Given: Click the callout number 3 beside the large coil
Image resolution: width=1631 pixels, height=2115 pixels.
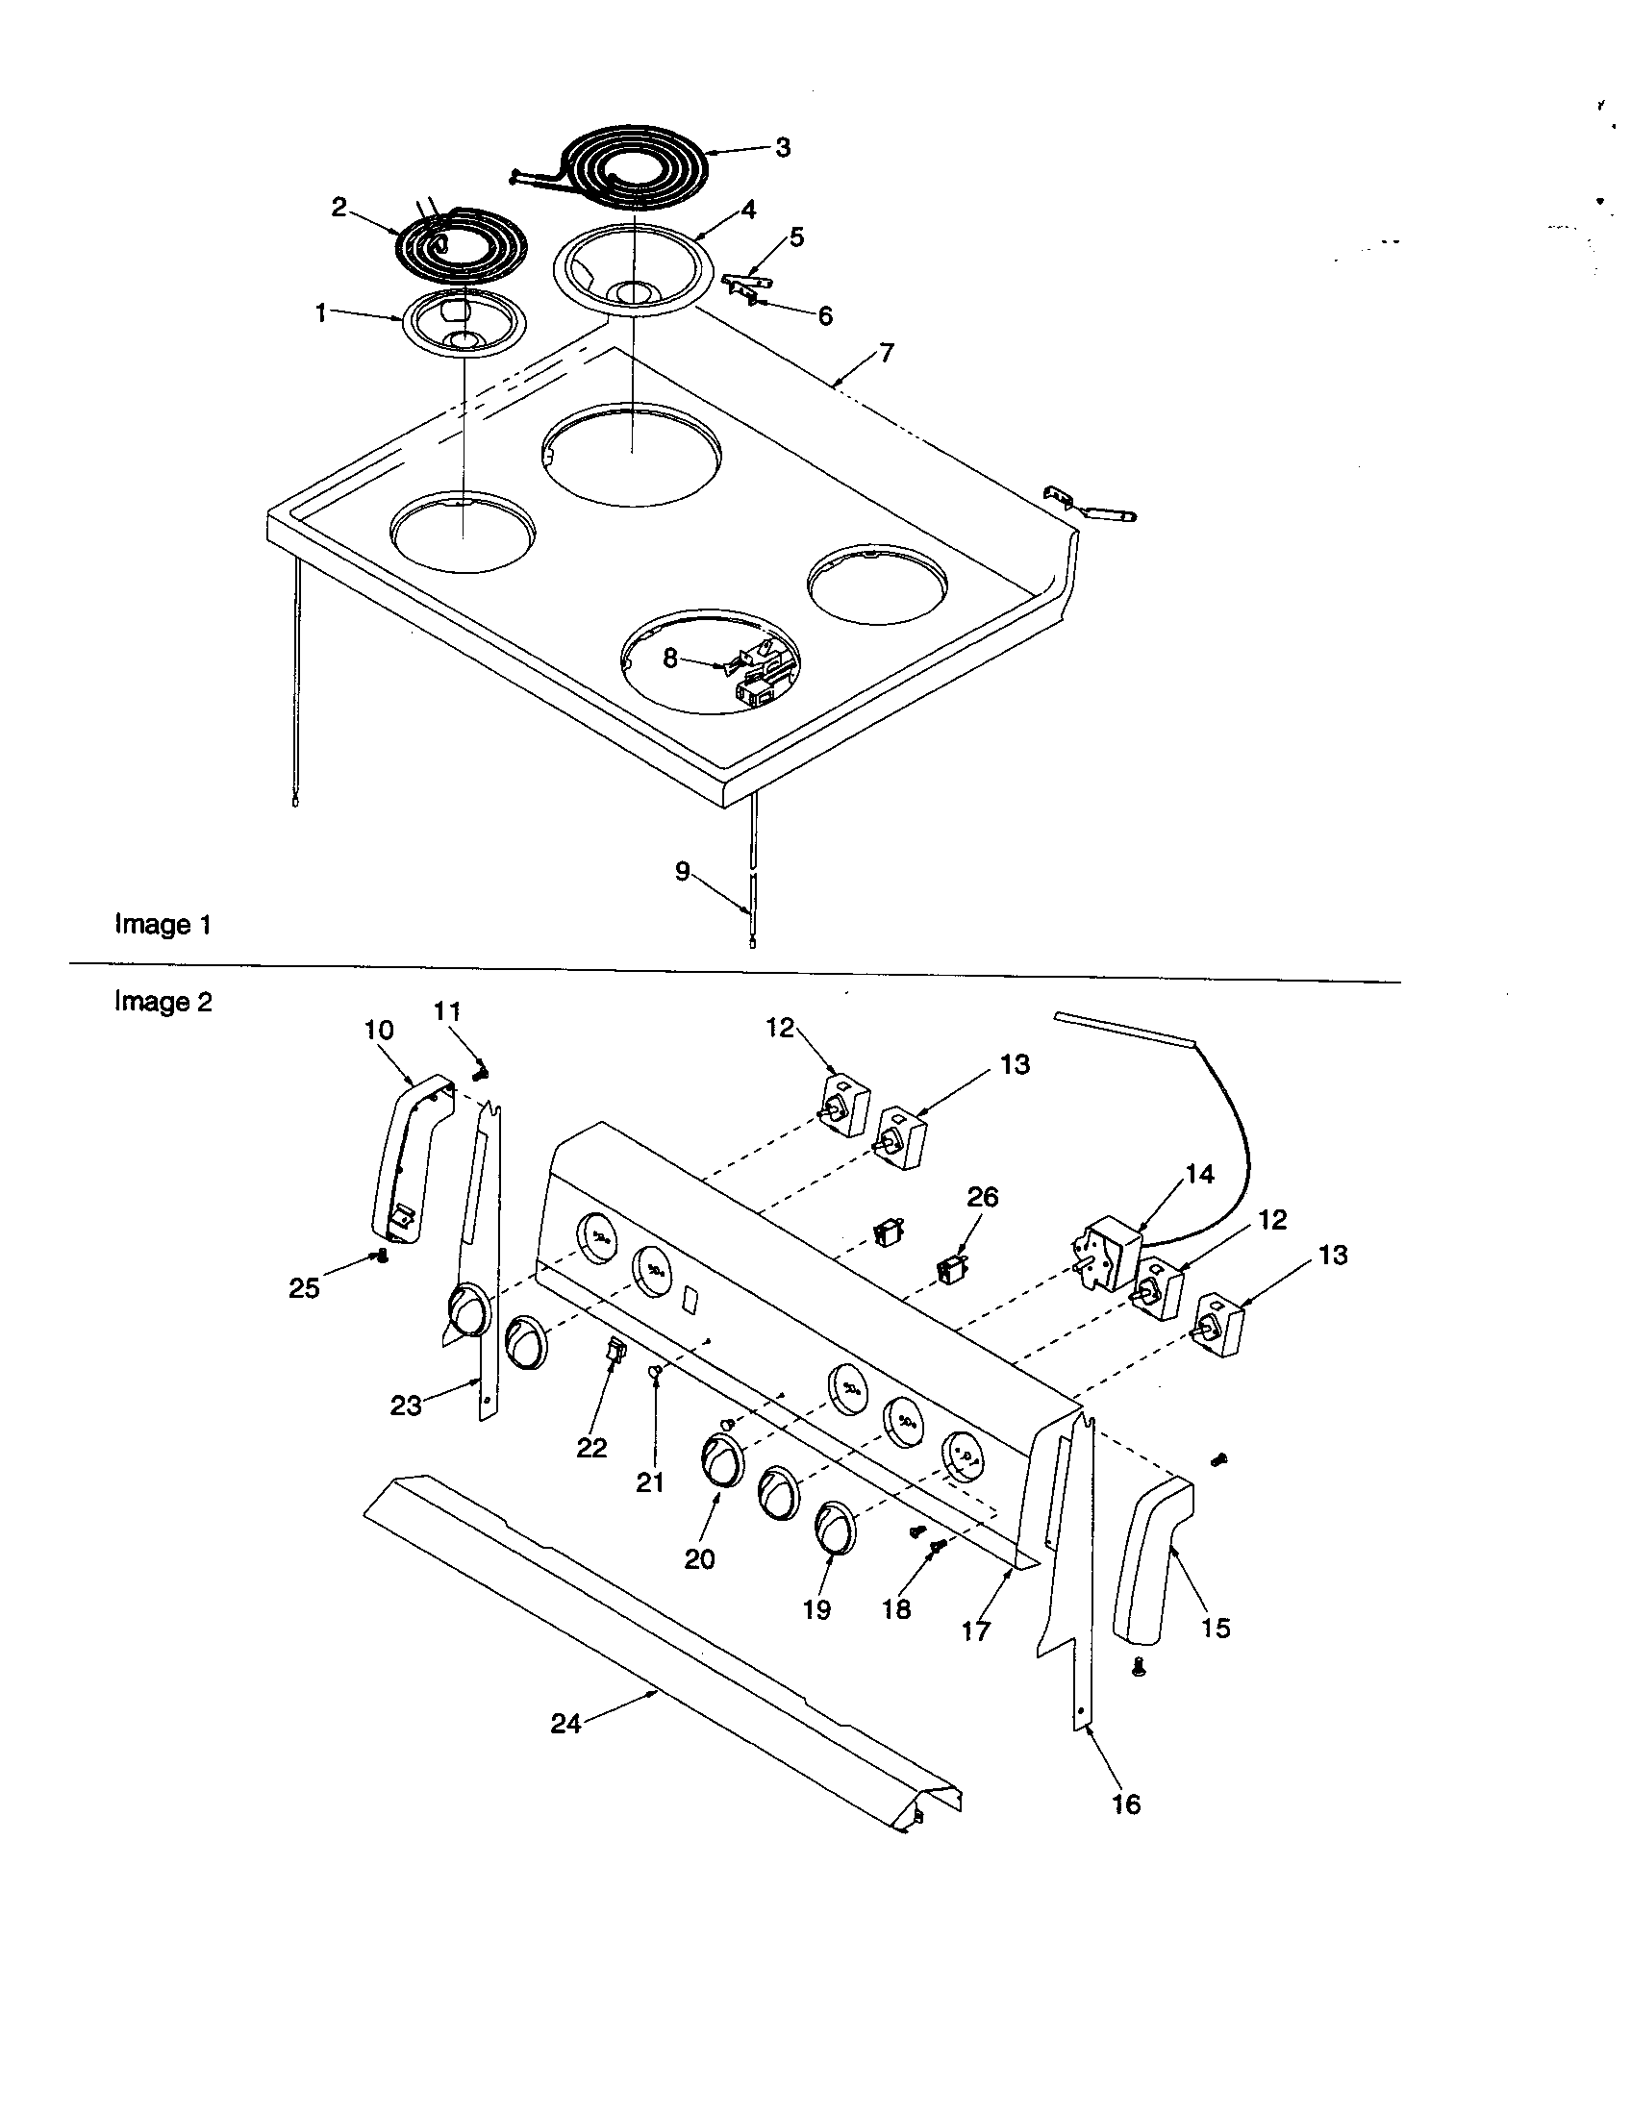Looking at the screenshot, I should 783,147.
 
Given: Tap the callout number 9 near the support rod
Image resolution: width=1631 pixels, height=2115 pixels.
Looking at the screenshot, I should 683,872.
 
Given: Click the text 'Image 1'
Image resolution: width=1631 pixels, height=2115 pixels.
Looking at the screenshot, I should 163,925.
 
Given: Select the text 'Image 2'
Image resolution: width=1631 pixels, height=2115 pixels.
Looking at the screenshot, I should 163,1002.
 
